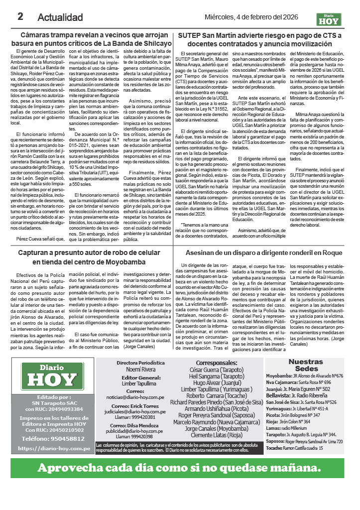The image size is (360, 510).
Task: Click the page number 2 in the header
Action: click(21, 16)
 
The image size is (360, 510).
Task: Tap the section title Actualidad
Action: click(60, 17)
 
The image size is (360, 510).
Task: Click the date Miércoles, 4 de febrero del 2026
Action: click(258, 17)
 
